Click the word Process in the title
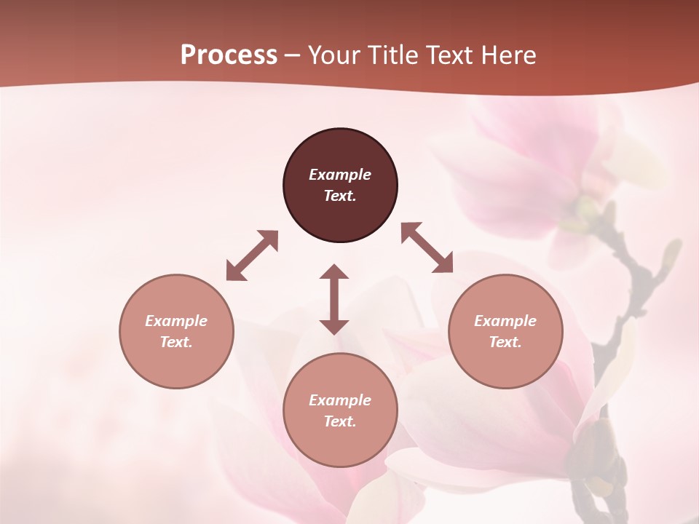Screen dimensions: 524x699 (x=229, y=55)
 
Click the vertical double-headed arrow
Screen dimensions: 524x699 (x=334, y=299)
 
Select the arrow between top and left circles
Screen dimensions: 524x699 (x=252, y=255)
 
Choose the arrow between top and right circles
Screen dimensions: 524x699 (x=427, y=247)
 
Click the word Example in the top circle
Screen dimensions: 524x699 (x=340, y=175)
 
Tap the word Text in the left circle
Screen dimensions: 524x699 (x=176, y=342)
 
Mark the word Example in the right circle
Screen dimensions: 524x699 (x=505, y=321)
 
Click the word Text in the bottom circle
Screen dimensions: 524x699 (x=340, y=421)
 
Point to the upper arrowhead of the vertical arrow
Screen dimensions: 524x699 (x=334, y=273)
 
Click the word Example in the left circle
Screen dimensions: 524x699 (x=176, y=321)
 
